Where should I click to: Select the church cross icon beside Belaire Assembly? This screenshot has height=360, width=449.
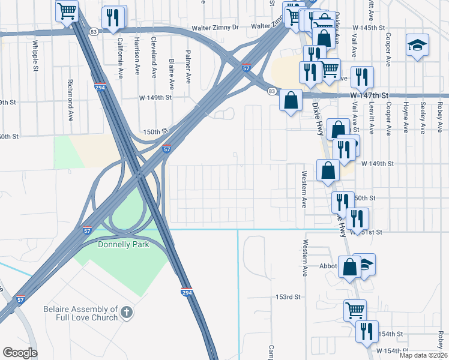(x=126, y=312)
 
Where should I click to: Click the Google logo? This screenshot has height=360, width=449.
(x=20, y=353)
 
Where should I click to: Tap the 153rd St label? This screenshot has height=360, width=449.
(x=288, y=297)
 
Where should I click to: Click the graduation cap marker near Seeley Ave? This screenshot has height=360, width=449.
(x=417, y=46)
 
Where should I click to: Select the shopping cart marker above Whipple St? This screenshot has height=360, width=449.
(x=67, y=10)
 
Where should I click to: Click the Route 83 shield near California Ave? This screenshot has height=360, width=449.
(x=93, y=31)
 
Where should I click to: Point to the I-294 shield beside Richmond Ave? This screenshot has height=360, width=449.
(x=100, y=87)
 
